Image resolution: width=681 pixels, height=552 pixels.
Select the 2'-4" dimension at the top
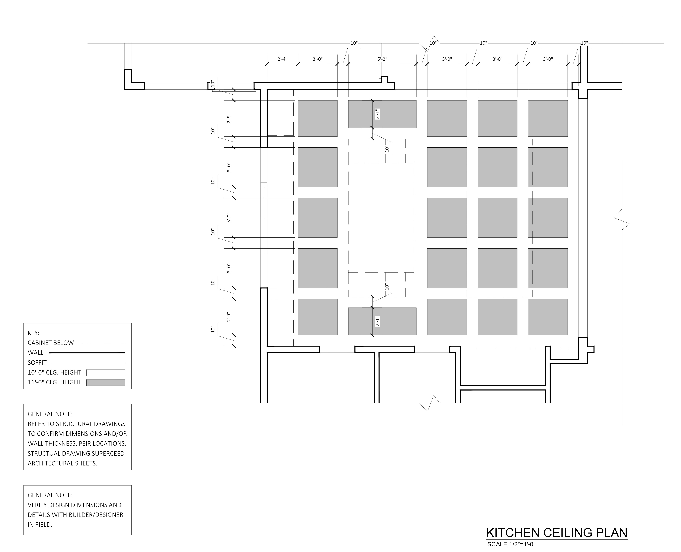click(282, 59)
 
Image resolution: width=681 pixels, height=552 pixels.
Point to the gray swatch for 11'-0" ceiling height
click(106, 382)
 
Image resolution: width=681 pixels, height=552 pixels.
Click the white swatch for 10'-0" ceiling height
click(106, 373)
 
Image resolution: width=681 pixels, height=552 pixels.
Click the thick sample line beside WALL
click(87, 353)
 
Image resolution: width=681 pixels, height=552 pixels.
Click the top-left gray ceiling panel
click(317, 118)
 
